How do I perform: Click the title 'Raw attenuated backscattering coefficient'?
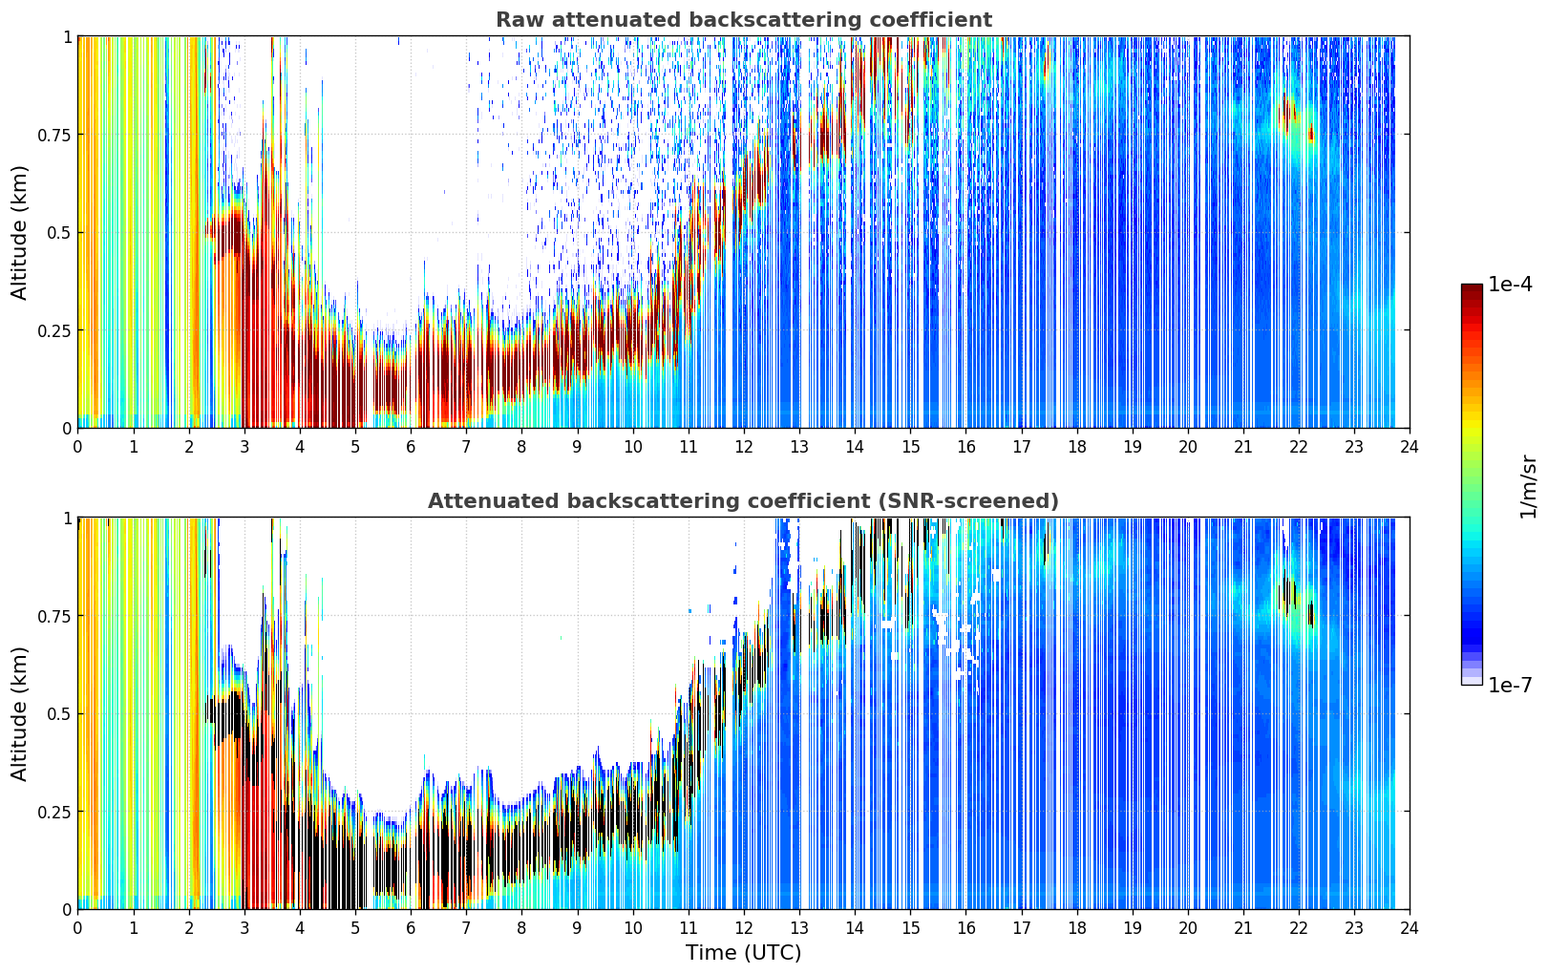744,19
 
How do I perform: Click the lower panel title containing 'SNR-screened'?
743,500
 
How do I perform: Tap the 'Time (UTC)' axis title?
743,953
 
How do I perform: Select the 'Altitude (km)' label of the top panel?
19,233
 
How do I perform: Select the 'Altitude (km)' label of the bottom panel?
19,714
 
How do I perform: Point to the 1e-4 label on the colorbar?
1510,284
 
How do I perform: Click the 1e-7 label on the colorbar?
1510,686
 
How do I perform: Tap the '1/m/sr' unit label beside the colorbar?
1528,486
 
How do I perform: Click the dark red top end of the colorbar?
1472,288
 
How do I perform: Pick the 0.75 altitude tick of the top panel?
53,135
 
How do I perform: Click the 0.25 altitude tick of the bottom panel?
53,812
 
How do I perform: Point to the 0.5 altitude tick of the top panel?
59,233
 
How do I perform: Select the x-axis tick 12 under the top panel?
743,447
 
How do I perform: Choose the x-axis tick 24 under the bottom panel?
1410,928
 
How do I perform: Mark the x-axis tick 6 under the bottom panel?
411,928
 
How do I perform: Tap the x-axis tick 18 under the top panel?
1076,447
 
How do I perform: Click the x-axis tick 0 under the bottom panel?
77,928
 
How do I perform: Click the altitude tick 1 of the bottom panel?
67,519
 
